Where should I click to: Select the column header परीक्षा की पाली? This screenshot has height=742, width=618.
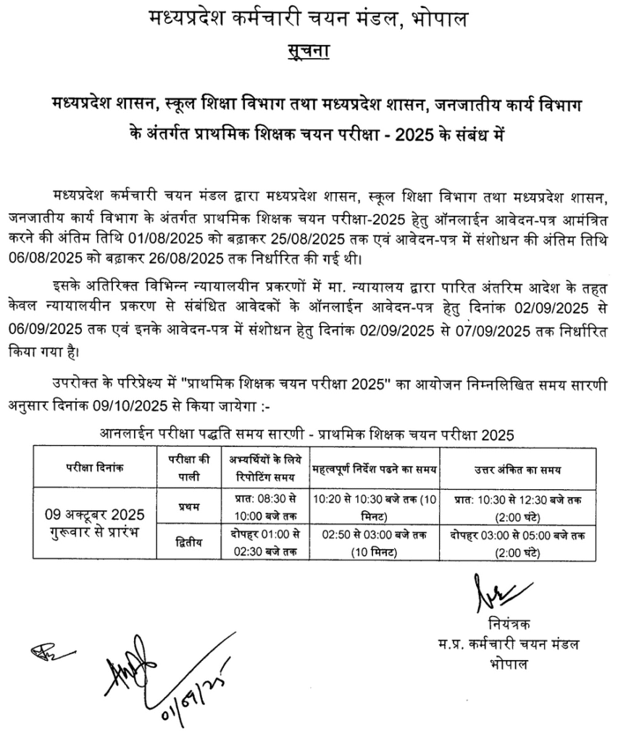click(188, 468)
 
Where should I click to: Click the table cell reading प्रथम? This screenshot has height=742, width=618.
click(188, 506)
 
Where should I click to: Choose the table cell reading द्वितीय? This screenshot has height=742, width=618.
click(188, 541)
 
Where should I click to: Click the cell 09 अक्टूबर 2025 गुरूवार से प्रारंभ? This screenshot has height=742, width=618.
click(95, 523)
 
